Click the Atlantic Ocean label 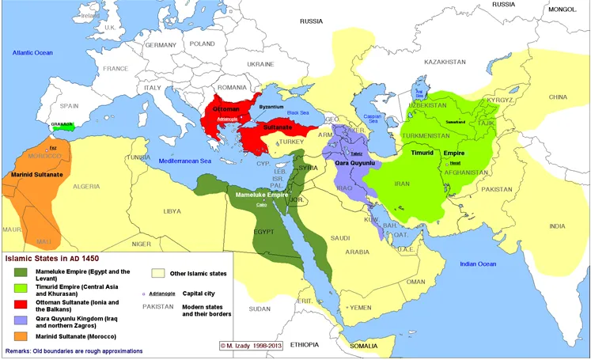coord(32,52)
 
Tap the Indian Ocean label coord(473,263)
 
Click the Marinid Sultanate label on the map coord(31,173)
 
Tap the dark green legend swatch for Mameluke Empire coord(20,272)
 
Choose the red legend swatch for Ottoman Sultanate coord(20,304)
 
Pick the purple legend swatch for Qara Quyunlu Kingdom coord(20,320)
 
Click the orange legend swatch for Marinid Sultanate coord(20,337)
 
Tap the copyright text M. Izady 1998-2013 coord(252,345)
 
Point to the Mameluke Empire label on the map coord(262,193)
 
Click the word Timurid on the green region coord(423,153)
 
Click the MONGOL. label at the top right coord(563,9)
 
